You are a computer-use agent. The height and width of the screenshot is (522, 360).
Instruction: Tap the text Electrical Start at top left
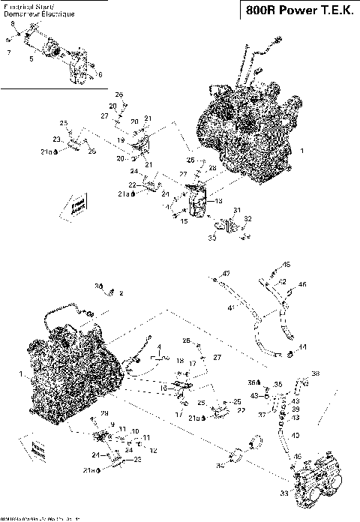[24, 5]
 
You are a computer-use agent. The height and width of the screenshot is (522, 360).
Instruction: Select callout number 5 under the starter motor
[31, 58]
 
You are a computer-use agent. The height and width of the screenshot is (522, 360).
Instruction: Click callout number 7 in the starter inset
[8, 52]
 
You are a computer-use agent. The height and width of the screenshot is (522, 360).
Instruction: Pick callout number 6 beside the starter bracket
[100, 75]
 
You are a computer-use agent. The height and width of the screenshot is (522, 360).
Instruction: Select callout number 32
[248, 218]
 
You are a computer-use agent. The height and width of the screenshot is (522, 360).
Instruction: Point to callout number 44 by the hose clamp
[302, 346]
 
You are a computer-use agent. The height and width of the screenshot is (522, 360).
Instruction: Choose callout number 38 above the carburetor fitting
[314, 373]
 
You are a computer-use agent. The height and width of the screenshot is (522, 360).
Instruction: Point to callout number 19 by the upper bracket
[120, 139]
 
